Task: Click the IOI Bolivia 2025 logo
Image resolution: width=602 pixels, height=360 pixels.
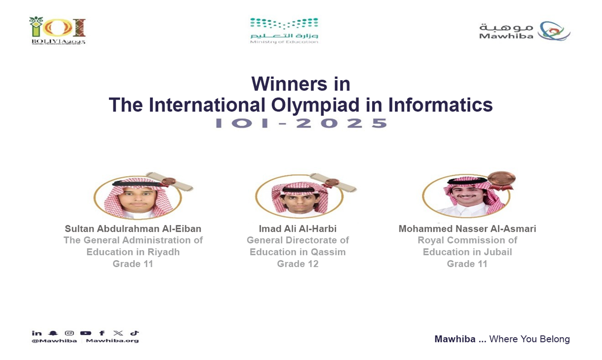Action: coord(57,30)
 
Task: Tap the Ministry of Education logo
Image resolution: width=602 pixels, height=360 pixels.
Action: coord(284,30)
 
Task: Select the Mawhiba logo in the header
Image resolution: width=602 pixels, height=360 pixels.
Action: coord(524,31)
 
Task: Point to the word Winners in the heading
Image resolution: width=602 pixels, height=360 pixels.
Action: coord(301,84)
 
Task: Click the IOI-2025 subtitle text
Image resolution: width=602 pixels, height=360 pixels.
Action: coord(301,123)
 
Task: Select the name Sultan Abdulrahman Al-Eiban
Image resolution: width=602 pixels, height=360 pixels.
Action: coord(133,228)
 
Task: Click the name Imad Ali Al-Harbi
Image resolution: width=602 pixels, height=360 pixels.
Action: coord(298,228)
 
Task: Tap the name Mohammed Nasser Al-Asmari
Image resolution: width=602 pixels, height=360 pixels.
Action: coord(467,228)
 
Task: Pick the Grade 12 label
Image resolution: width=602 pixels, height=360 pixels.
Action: coord(298,264)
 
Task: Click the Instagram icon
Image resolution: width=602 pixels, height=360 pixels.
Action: coord(69,333)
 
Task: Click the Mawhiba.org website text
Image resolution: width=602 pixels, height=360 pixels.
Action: coord(112,340)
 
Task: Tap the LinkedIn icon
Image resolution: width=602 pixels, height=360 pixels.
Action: coord(36,333)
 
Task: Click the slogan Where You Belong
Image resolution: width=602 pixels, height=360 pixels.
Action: coord(529,339)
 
